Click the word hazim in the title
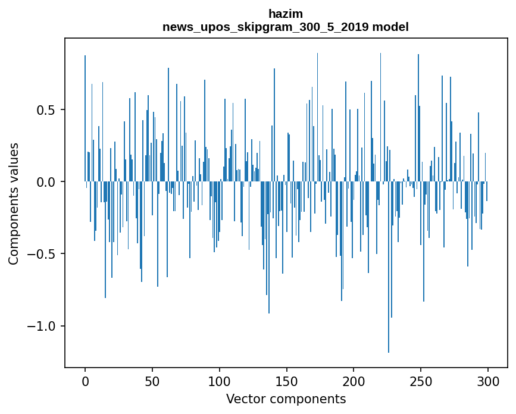[x=286, y=14]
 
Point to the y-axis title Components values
[x=14, y=203]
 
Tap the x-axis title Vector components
[x=286, y=399]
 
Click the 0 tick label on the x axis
[x=85, y=381]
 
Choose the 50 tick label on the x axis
[x=152, y=381]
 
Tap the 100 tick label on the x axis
[x=220, y=381]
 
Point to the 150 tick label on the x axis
[x=287, y=381]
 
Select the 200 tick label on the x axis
[x=354, y=381]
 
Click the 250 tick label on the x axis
[x=421, y=381]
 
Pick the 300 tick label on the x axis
[x=488, y=381]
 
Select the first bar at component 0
[x=85, y=119]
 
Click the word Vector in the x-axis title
[x=243, y=399]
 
